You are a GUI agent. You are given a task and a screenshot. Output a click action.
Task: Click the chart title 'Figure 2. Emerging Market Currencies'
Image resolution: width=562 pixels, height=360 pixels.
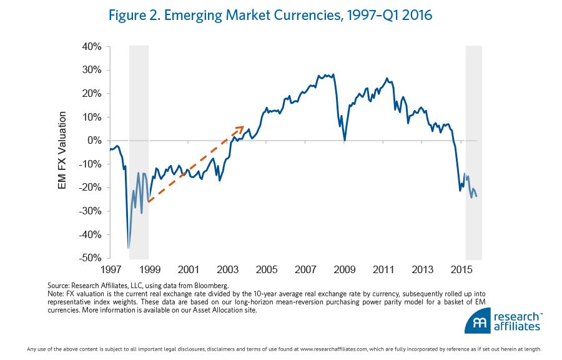click(x=270, y=16)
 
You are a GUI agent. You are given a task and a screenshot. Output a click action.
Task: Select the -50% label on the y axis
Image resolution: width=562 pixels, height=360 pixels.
click(x=91, y=258)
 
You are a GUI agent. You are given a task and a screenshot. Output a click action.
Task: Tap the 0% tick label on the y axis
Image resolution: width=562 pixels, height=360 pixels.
click(x=95, y=141)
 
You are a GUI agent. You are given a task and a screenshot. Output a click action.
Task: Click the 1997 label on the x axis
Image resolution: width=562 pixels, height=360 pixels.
click(x=110, y=269)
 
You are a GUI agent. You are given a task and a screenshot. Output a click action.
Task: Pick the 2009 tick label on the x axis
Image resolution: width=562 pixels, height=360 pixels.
click(x=345, y=269)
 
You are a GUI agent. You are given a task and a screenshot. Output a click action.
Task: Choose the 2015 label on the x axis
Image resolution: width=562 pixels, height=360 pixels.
click(x=461, y=269)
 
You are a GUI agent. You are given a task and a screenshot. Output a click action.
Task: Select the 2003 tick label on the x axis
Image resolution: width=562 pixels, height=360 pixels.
click(x=227, y=269)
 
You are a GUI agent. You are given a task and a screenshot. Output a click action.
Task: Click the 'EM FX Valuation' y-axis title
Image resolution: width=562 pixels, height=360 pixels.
click(x=62, y=152)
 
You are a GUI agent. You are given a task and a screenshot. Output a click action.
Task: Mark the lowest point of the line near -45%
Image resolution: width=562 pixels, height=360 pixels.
click(x=129, y=248)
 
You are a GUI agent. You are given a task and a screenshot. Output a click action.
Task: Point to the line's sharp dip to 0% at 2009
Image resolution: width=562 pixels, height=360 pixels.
click(x=345, y=140)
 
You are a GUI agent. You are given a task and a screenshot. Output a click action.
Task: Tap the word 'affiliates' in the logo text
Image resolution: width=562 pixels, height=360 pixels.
click(x=515, y=326)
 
